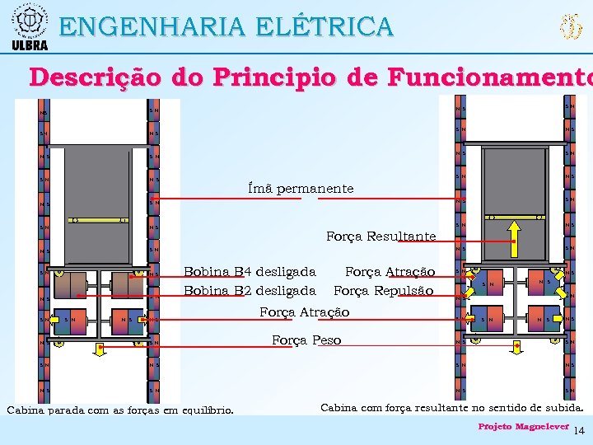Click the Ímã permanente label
tap(301, 189)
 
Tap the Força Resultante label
tap(381, 237)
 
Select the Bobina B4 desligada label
tap(250, 272)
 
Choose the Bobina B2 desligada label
tap(250, 290)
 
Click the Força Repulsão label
tap(383, 290)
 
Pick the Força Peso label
tap(306, 340)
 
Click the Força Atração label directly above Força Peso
tap(304, 312)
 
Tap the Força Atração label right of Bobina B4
tap(389, 272)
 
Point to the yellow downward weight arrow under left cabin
tap(100, 348)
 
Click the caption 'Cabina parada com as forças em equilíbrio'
tap(119, 410)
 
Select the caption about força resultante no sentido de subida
tap(451, 407)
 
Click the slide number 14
tap(579, 431)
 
